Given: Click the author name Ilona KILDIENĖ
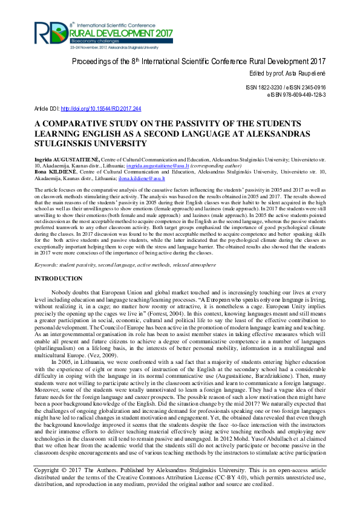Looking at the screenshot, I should pyautogui.click(x=56, y=172).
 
